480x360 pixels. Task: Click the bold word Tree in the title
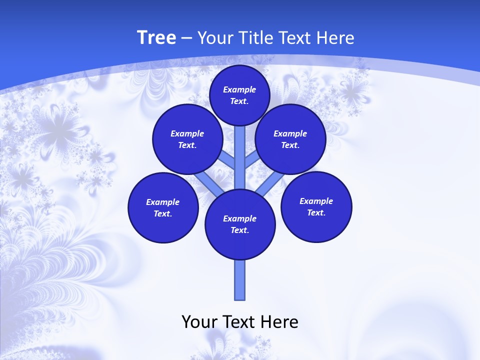click(x=156, y=37)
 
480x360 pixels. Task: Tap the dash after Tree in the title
click(x=186, y=38)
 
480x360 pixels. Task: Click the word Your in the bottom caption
click(x=199, y=322)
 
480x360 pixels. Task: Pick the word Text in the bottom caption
click(x=239, y=322)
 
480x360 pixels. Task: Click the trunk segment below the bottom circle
click(x=240, y=280)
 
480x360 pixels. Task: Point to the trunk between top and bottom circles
click(x=240, y=160)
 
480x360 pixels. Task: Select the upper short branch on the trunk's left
click(x=227, y=159)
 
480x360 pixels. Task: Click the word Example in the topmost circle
click(x=239, y=89)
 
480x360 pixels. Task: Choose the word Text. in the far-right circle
click(x=316, y=212)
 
